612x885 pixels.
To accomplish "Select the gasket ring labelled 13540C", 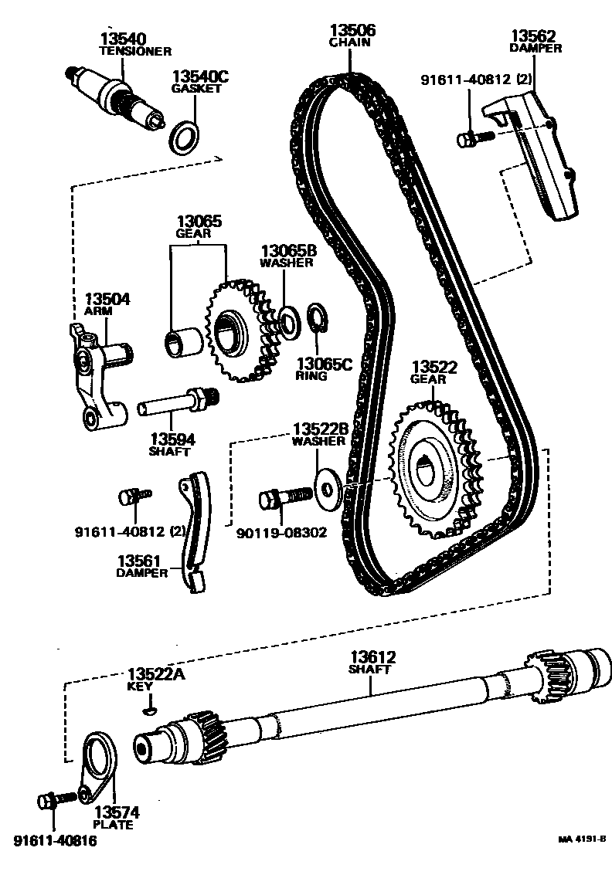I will pos(183,137).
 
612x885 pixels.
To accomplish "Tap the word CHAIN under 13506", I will pos(350,43).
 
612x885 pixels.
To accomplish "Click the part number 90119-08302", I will pos(281,533).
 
